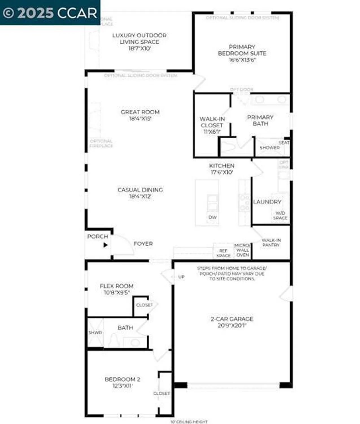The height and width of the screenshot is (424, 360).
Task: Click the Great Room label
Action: pyautogui.click(x=140, y=112)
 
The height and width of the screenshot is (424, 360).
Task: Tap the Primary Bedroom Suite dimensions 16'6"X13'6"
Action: pyautogui.click(x=242, y=60)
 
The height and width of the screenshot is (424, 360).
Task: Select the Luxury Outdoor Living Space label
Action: pyautogui.click(x=139, y=38)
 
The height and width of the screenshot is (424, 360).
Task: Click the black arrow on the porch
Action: pyautogui.click(x=106, y=245)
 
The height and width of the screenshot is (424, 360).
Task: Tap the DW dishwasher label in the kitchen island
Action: pyautogui.click(x=212, y=217)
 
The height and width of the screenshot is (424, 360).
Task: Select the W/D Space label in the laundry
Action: pyautogui.click(x=280, y=215)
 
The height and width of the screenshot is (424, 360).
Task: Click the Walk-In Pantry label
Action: pyautogui.click(x=271, y=243)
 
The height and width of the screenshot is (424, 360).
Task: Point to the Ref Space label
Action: pyautogui.click(x=223, y=253)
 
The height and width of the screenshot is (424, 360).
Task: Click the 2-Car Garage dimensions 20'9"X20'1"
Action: pyautogui.click(x=232, y=326)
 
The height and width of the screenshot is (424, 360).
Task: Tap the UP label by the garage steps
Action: pyautogui.click(x=181, y=277)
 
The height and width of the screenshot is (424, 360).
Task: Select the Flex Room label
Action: pyautogui.click(x=117, y=286)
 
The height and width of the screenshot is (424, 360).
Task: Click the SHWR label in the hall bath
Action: pyautogui.click(x=95, y=333)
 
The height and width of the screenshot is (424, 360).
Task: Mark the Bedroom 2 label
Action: pyautogui.click(x=122, y=379)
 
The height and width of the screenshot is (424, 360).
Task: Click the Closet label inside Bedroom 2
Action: pyautogui.click(x=162, y=393)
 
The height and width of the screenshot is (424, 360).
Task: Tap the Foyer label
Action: pyautogui.click(x=143, y=244)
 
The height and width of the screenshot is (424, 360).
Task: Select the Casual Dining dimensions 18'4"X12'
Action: pyautogui.click(x=140, y=196)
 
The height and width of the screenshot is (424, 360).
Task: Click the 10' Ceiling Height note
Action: pyautogui.click(x=189, y=422)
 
